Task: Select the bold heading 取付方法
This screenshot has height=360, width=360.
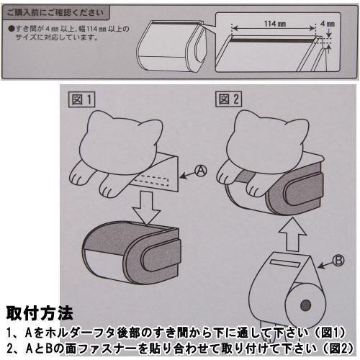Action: click(39, 314)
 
